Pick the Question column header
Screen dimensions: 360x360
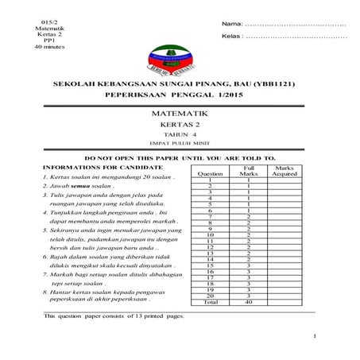tap(210, 172)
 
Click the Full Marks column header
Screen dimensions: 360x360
tap(249, 170)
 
